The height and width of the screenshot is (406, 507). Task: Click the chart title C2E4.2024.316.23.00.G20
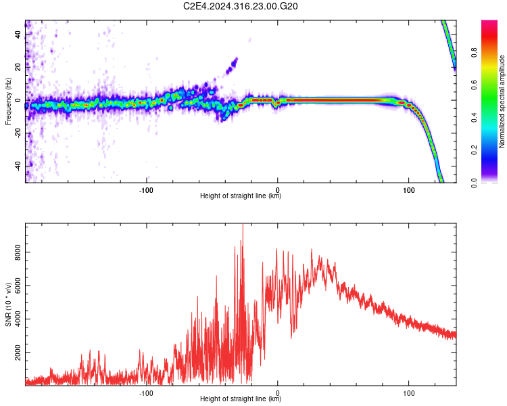[240, 6]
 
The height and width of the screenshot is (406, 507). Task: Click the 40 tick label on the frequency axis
[18, 35]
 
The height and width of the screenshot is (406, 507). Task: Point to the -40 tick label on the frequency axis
[18, 166]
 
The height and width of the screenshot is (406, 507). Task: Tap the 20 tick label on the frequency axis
[18, 68]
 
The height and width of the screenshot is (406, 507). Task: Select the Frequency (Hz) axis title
[8, 101]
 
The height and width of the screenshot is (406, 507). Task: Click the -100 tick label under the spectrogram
[146, 190]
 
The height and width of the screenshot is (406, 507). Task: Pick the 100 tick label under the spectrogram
[409, 190]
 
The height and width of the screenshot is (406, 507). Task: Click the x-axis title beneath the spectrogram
[241, 196]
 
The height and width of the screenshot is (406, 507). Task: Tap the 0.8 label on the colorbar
[474, 53]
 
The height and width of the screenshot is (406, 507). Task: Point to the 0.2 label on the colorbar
[474, 150]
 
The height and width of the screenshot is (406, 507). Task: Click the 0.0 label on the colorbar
[474, 183]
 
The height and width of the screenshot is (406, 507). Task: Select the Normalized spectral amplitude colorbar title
[502, 101]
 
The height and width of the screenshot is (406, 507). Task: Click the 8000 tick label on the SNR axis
[18, 252]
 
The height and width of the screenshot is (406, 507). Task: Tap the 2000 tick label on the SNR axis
[18, 353]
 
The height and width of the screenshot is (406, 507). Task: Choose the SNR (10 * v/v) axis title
[8, 304]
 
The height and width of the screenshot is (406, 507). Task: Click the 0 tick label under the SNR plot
[277, 393]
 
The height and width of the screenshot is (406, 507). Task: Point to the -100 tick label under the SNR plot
[146, 393]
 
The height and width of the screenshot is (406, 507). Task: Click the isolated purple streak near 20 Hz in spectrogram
[232, 66]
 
